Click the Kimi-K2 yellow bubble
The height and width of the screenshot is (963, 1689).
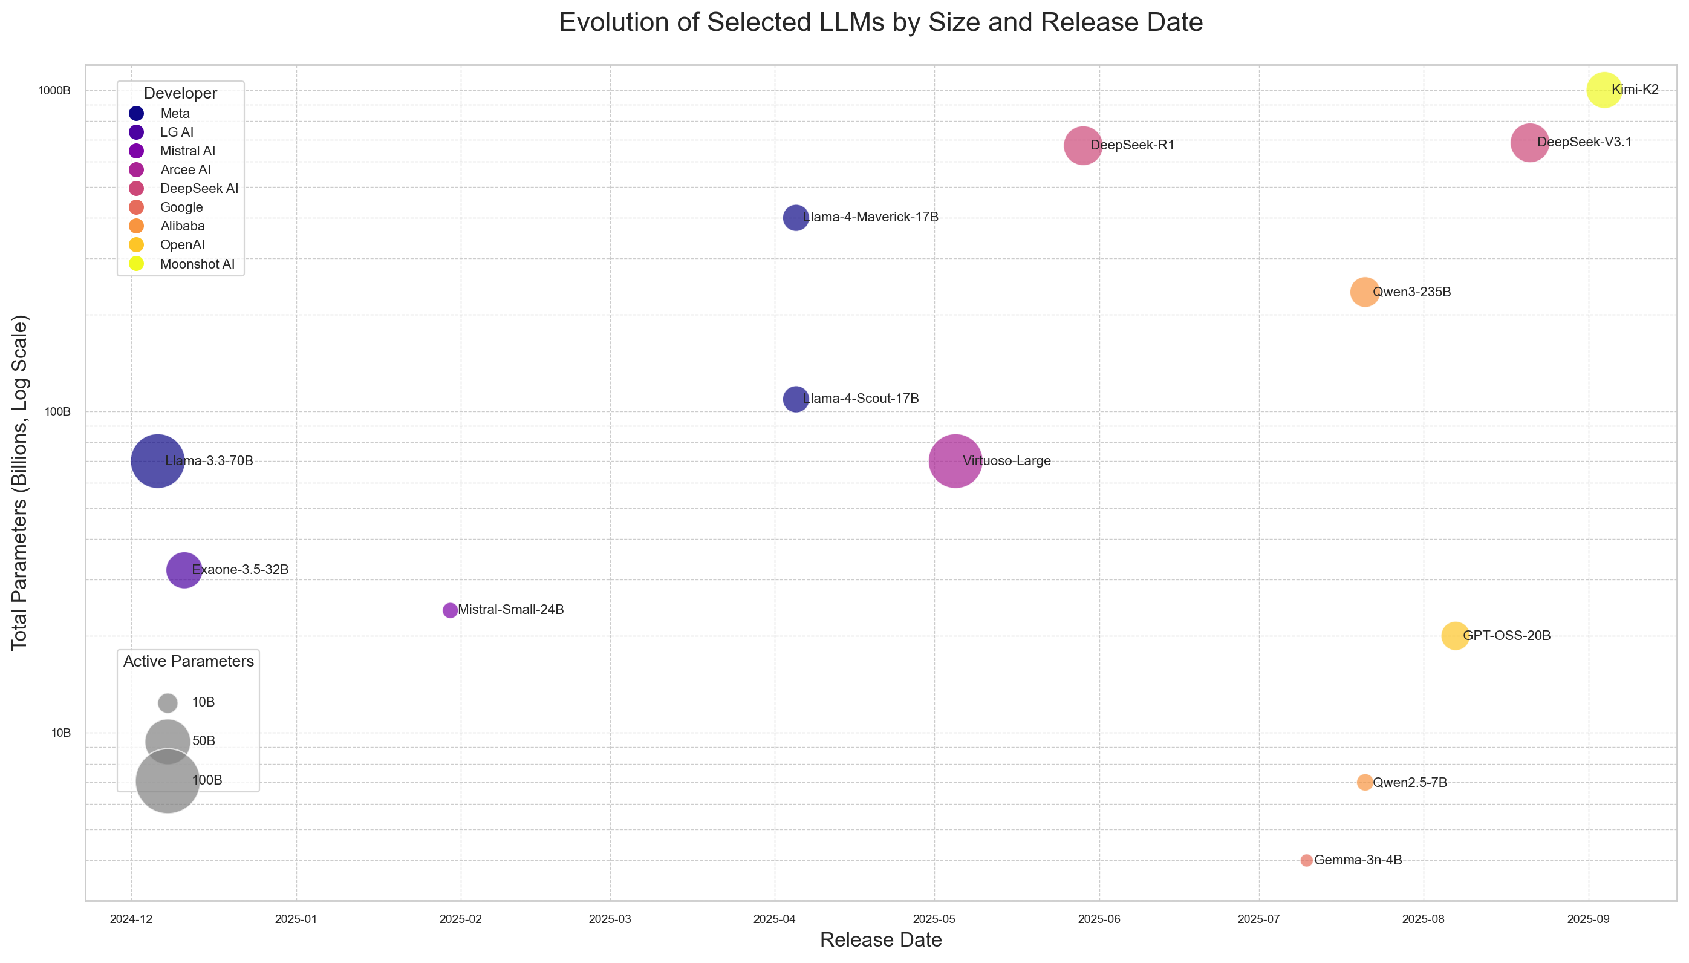coord(1603,90)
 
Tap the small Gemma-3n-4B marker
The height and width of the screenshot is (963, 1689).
coord(1306,860)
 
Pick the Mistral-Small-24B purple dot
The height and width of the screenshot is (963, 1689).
coord(449,610)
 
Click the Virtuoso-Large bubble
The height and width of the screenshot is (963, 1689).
coord(955,461)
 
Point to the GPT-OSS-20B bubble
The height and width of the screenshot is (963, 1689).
coord(1454,636)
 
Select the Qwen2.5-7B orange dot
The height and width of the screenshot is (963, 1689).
coord(1364,782)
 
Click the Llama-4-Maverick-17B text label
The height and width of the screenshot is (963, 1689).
coord(870,217)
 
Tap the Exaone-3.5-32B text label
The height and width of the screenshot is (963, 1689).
coord(240,569)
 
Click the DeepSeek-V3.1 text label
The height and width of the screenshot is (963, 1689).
coord(1584,142)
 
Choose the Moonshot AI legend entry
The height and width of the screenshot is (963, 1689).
coord(182,264)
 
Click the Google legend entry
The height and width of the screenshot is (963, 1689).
coord(166,207)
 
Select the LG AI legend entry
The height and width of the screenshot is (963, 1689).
coord(161,132)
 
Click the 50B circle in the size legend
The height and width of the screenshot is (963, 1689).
coord(168,741)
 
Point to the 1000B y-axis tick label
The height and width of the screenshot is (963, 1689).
coord(54,91)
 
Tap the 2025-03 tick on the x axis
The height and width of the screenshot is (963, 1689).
coord(610,919)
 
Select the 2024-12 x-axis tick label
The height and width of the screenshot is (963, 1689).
coord(131,919)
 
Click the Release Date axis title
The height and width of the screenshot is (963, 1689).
coord(880,940)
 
